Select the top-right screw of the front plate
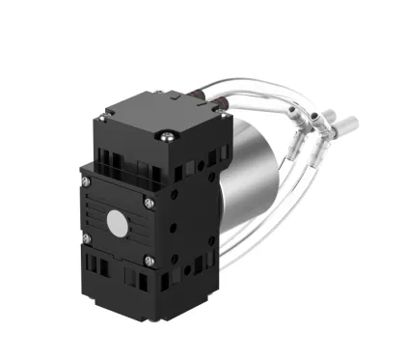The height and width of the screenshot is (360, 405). (148, 203)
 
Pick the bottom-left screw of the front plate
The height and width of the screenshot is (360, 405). (87, 237)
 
